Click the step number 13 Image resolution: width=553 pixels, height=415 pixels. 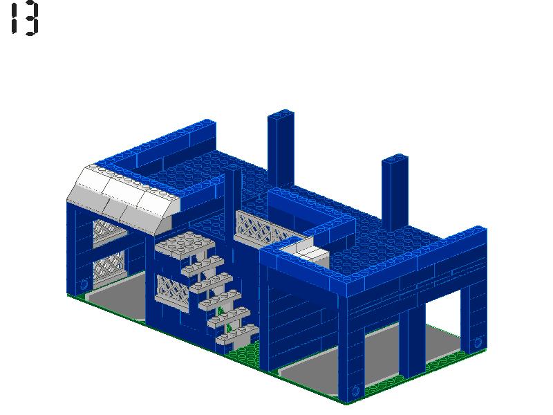(x=25, y=19)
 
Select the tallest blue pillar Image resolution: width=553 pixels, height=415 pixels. (x=281, y=148)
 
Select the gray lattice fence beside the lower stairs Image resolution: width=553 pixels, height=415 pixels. (x=173, y=293)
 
